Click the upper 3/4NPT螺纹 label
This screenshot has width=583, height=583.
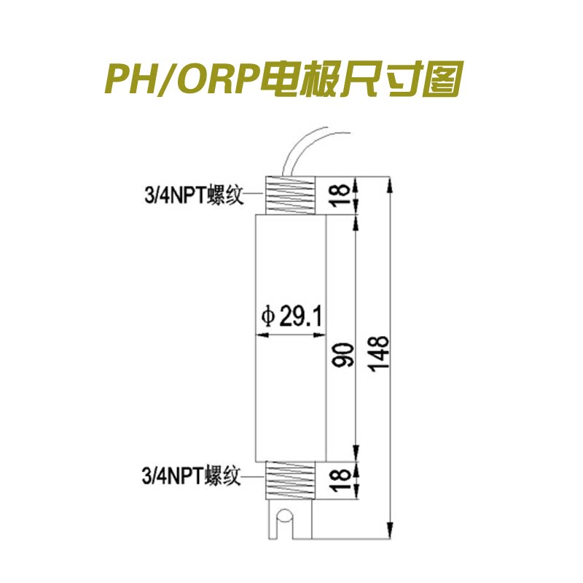click(x=194, y=195)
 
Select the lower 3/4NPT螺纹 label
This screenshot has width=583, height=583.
click(x=191, y=476)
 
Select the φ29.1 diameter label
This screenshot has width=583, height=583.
click(x=291, y=316)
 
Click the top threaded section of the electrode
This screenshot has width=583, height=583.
click(x=290, y=195)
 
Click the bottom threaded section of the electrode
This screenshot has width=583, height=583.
click(x=290, y=480)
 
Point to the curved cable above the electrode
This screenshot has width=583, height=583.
click(x=305, y=151)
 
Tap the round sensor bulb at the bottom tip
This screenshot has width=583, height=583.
click(x=285, y=517)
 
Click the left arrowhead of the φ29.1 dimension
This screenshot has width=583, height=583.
click(x=262, y=335)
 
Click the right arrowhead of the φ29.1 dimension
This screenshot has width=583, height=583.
click(x=320, y=335)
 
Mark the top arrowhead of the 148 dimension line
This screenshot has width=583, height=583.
click(x=390, y=185)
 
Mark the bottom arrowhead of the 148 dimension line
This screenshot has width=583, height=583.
click(x=390, y=530)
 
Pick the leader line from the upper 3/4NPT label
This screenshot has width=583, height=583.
click(x=255, y=194)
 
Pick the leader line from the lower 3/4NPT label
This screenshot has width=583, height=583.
click(x=254, y=477)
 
